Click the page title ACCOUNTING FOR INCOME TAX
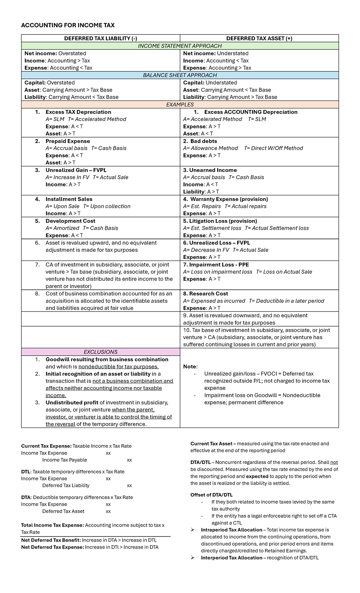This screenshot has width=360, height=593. tap(68, 25)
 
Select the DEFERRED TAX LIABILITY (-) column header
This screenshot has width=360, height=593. tap(100, 38)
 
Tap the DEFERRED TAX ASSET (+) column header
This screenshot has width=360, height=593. tap(259, 38)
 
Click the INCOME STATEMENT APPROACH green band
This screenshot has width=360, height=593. tap(180, 46)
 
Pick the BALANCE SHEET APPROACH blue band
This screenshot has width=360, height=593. tap(180, 75)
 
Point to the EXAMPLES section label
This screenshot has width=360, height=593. tap(180, 104)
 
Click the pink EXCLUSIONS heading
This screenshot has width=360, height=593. tap(100, 352)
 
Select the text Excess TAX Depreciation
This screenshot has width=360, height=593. tap(78, 112)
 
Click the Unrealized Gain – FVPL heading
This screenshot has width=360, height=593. tap(76, 170)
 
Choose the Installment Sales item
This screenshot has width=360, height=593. tap(69, 199)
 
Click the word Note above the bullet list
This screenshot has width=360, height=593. tap(190, 366)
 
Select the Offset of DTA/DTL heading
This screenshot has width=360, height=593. tap(211, 495)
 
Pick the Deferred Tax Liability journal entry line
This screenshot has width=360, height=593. tap(66, 485)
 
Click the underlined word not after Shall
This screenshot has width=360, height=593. tap(334, 462)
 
